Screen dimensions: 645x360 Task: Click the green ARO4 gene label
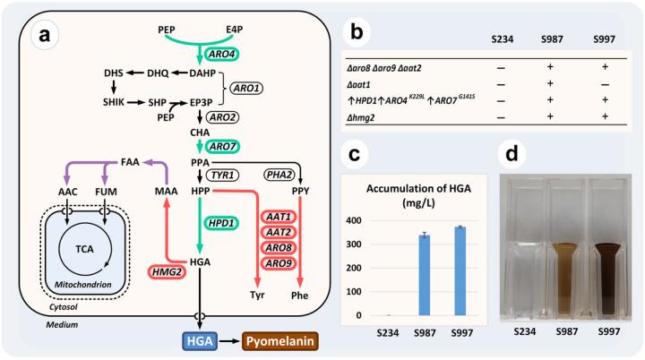pos(221,55)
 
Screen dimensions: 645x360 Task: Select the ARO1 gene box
pos(246,89)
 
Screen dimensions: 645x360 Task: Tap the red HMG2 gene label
pos(167,272)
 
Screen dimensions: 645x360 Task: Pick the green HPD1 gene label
pos(221,223)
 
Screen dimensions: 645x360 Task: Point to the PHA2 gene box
pos(279,175)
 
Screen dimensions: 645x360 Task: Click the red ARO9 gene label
pos(279,263)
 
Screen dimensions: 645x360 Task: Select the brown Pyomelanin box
pos(280,341)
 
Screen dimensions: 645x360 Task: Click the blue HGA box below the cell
pos(200,341)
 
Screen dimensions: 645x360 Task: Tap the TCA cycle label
pos(84,249)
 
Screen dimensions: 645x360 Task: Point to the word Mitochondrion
pos(83,285)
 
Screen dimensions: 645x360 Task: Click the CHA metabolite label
pos(200,133)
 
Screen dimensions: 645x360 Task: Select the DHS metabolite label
pos(114,73)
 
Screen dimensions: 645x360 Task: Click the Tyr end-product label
pos(257,295)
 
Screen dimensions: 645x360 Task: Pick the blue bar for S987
pos(424,275)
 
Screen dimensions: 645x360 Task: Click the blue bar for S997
pos(460,271)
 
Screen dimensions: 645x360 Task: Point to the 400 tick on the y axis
pos(353,220)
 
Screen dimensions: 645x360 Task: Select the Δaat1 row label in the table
pos(358,85)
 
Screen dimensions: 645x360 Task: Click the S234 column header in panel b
pos(503,39)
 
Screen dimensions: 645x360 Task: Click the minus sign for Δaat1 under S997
pos(605,85)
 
